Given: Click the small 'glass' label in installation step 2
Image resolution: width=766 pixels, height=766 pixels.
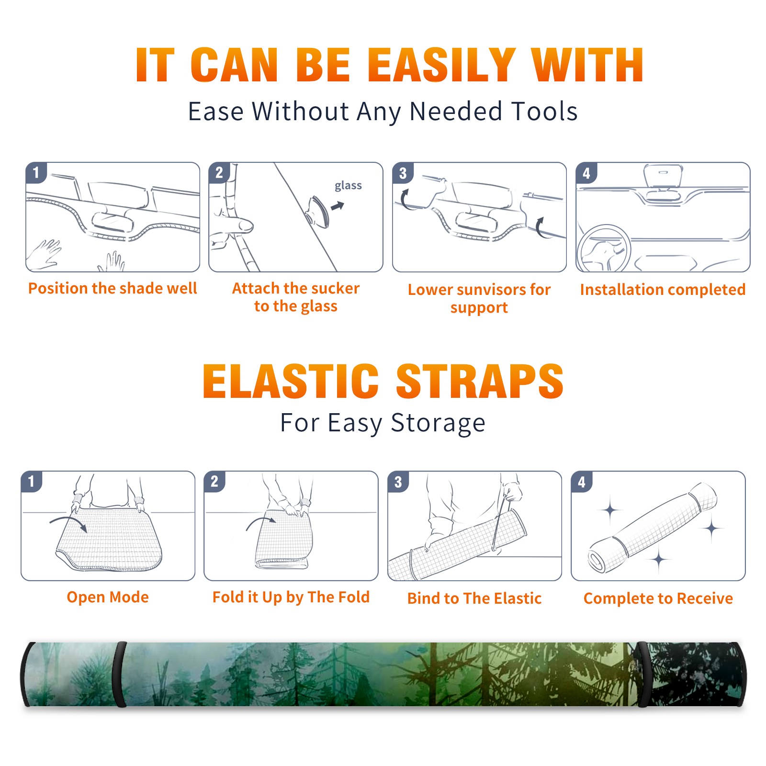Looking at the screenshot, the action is tap(348, 186).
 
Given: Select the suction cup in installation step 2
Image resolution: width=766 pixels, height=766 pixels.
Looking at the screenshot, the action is tap(318, 211).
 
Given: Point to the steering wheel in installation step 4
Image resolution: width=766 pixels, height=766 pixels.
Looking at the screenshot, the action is tap(604, 249).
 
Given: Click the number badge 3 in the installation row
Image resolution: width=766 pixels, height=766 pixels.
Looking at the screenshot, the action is tap(403, 173).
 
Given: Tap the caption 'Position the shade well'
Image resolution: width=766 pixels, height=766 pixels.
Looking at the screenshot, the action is tap(113, 288).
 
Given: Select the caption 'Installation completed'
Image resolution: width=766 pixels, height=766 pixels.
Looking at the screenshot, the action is tap(663, 290).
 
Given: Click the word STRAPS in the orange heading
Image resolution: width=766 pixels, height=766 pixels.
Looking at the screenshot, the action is tap(480, 381).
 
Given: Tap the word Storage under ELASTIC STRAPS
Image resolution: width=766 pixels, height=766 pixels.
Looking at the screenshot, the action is tap(438, 423).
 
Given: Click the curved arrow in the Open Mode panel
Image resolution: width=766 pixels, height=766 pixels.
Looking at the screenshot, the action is tap(68, 523).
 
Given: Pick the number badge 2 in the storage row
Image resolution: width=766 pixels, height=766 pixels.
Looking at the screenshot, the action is tap(214, 482).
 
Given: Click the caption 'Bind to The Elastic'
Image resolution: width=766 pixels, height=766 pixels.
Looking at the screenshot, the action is tap(474, 598).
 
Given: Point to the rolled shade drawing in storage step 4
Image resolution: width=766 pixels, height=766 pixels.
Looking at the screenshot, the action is tap(652, 528).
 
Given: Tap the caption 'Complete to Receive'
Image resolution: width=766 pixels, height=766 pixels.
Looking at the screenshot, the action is tap(658, 598).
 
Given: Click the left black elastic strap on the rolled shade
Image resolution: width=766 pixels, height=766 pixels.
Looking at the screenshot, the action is tap(119, 674).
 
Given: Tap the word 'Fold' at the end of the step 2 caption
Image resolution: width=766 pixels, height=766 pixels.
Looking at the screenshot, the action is tap(354, 597).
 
